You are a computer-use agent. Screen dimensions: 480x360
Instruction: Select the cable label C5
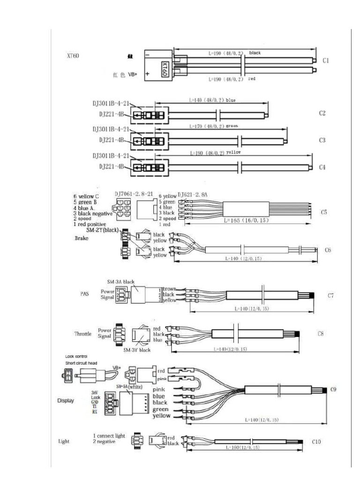(x=324, y=212)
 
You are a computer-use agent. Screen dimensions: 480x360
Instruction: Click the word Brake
(x=82, y=238)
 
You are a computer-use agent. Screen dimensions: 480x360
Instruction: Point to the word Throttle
(x=83, y=334)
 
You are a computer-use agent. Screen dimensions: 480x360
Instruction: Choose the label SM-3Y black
(x=137, y=350)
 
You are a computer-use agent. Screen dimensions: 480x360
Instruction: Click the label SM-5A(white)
(x=129, y=386)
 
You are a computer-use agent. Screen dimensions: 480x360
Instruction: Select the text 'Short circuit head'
(x=82, y=363)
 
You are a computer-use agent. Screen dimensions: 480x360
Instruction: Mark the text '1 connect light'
(x=109, y=435)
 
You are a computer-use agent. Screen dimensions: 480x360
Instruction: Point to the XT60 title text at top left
(x=74, y=56)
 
